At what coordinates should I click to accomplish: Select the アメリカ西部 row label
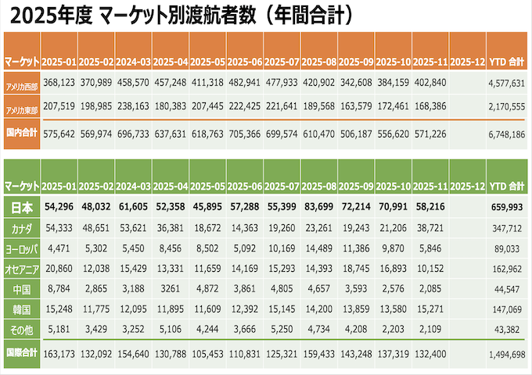click(22, 82)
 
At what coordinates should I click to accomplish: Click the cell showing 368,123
click(59, 82)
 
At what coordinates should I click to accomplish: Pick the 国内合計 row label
click(22, 134)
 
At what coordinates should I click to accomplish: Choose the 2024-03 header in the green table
click(134, 186)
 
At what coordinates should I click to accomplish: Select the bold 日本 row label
click(22, 207)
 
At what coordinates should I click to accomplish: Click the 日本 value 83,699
click(320, 207)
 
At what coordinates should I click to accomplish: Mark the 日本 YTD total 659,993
click(509, 207)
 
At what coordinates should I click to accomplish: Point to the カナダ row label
click(22, 228)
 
